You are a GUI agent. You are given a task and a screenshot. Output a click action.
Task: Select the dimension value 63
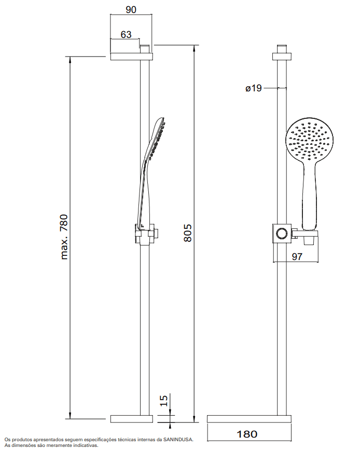(126, 34)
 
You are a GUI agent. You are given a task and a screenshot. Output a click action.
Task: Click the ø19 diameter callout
(254, 88)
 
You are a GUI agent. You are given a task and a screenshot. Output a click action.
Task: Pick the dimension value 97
(297, 256)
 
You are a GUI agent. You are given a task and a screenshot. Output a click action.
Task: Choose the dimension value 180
(247, 434)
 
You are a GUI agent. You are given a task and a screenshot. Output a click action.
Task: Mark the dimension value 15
(163, 400)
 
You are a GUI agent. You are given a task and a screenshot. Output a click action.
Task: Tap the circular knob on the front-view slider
(282, 233)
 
